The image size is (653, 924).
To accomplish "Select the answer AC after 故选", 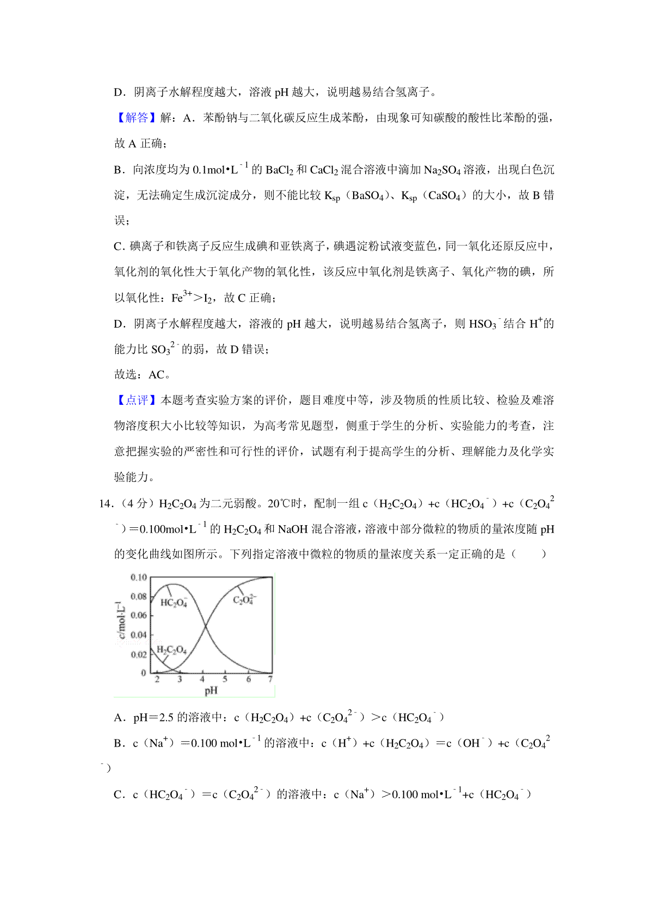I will tap(156, 375).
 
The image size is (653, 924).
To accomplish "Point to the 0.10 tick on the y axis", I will tap(139, 577).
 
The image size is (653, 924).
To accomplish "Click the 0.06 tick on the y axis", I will tap(139, 615).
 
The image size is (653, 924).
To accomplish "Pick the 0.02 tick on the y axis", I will tap(139, 654).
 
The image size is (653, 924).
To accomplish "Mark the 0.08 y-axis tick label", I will tap(139, 596).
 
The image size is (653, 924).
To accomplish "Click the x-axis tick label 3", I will tap(180, 679).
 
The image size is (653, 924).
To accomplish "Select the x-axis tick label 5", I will tap(225, 679).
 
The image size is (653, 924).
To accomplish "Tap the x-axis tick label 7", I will tap(270, 679).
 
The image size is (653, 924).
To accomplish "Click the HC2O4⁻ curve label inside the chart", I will tap(174, 602).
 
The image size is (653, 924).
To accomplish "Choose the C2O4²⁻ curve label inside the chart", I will tap(244, 600).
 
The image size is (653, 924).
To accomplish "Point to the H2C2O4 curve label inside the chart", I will tap(171, 650).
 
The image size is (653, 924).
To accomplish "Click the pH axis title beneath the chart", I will tap(211, 691).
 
